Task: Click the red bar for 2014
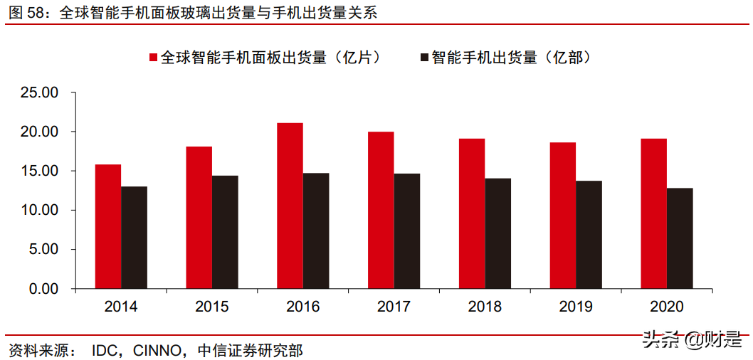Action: pyautogui.click(x=108, y=226)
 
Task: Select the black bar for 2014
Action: pyautogui.click(x=134, y=238)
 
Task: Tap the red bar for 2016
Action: pyautogui.click(x=290, y=206)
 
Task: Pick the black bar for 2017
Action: pyautogui.click(x=406, y=231)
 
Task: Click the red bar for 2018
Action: pyautogui.click(x=472, y=213)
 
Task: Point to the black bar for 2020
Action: pyautogui.click(x=680, y=238)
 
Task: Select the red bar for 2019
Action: pyautogui.click(x=563, y=216)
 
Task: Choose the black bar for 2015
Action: pyautogui.click(x=225, y=232)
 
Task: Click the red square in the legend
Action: pyautogui.click(x=153, y=58)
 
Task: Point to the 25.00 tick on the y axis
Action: pyautogui.click(x=39, y=92)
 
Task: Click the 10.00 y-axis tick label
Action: pyautogui.click(x=39, y=211)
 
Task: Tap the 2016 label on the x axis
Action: pyautogui.click(x=303, y=307)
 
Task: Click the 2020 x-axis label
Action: pyautogui.click(x=667, y=307)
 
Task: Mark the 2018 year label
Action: pyautogui.click(x=485, y=307)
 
